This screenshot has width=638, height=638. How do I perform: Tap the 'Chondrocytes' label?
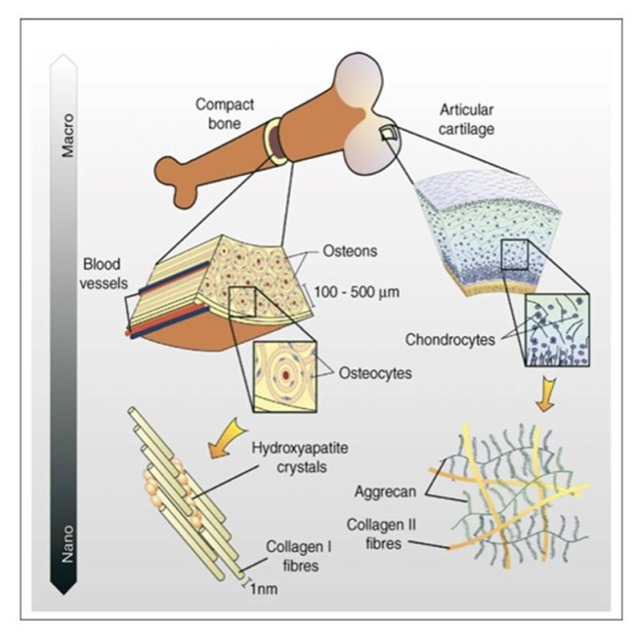447,340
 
